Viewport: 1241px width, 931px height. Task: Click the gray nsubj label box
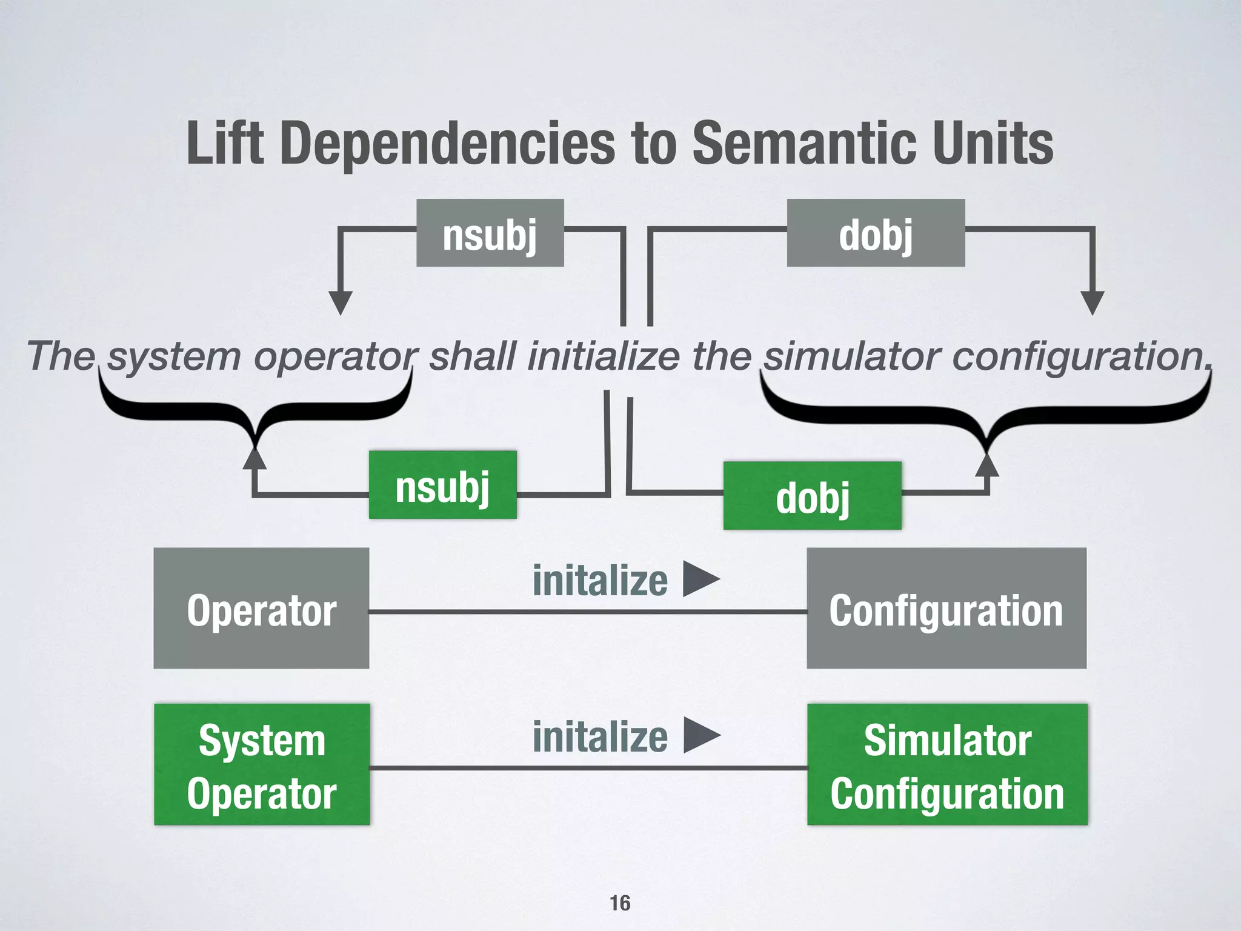[x=490, y=233]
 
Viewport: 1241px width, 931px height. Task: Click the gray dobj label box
[x=876, y=233]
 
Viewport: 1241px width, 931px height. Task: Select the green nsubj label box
[x=442, y=485]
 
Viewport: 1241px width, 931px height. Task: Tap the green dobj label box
[x=812, y=496]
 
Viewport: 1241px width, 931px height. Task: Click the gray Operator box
[x=261, y=609]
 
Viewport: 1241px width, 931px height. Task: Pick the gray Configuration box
[x=946, y=609]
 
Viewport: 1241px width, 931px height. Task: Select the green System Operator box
[x=262, y=764]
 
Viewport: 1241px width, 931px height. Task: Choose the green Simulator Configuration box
[x=947, y=764]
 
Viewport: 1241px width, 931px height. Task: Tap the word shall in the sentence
[x=473, y=356]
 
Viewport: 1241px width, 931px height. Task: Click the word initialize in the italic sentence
[x=604, y=356]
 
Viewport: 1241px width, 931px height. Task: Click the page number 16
[x=620, y=903]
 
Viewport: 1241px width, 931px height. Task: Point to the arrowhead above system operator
[x=341, y=302]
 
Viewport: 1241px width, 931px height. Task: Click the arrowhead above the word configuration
[x=1093, y=302]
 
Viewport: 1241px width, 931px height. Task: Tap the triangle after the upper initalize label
[x=701, y=579]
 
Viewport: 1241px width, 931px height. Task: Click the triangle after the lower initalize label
[x=702, y=735]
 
